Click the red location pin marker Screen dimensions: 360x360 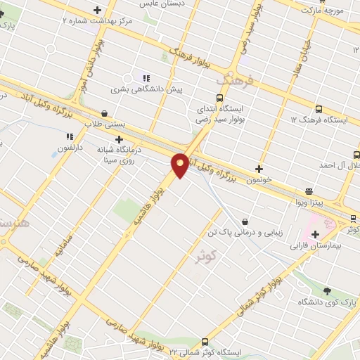click(x=180, y=165)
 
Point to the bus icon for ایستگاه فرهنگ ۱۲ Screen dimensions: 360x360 click(x=319, y=109)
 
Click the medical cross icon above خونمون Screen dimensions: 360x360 click(x=259, y=169)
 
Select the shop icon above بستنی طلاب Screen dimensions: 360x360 click(x=105, y=112)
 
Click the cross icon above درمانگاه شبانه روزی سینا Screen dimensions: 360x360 click(x=129, y=140)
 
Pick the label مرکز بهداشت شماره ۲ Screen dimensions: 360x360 click(x=97, y=21)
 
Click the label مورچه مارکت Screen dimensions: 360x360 click(x=321, y=11)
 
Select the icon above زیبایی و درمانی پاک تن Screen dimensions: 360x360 click(x=244, y=221)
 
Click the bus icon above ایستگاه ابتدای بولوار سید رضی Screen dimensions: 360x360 click(x=220, y=98)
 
